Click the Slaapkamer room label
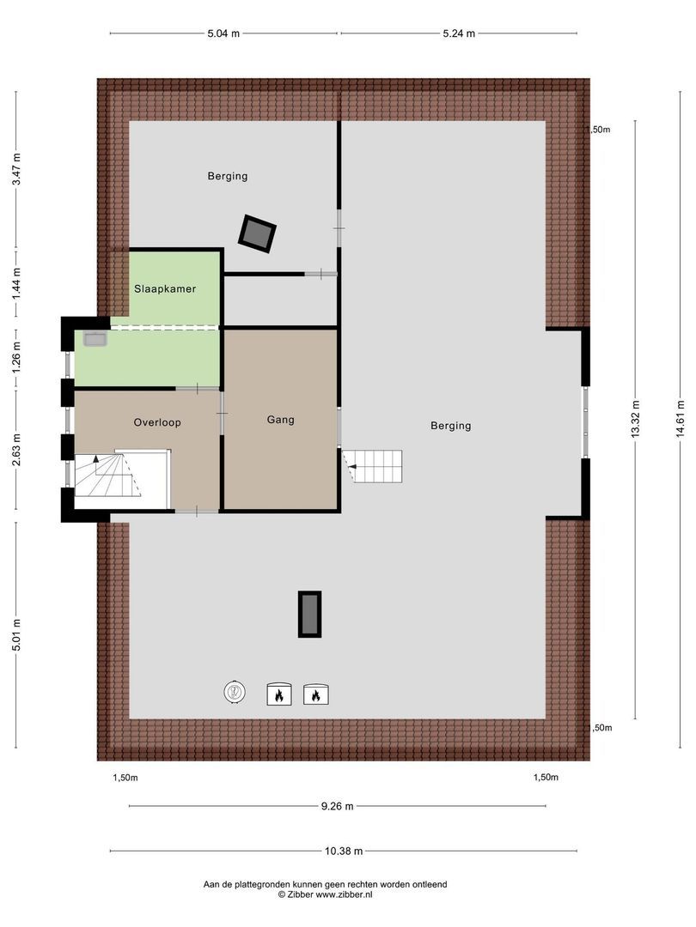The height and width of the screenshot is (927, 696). (165, 289)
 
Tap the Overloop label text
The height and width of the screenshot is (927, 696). (157, 422)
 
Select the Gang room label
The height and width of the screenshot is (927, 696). (280, 420)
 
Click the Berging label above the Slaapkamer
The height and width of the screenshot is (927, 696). (228, 176)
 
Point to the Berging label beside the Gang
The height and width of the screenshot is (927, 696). (451, 425)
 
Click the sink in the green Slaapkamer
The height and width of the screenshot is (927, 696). (94, 340)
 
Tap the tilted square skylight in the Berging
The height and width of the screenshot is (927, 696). (257, 233)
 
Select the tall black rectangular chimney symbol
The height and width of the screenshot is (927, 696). (309, 614)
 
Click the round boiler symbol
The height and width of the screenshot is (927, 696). (235, 692)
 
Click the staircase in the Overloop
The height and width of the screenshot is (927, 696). (108, 477)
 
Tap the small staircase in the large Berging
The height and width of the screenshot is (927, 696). (375, 466)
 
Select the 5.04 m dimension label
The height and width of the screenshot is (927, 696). (223, 33)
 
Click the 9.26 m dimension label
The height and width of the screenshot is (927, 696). (338, 806)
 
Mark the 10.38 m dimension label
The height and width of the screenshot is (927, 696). (344, 851)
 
